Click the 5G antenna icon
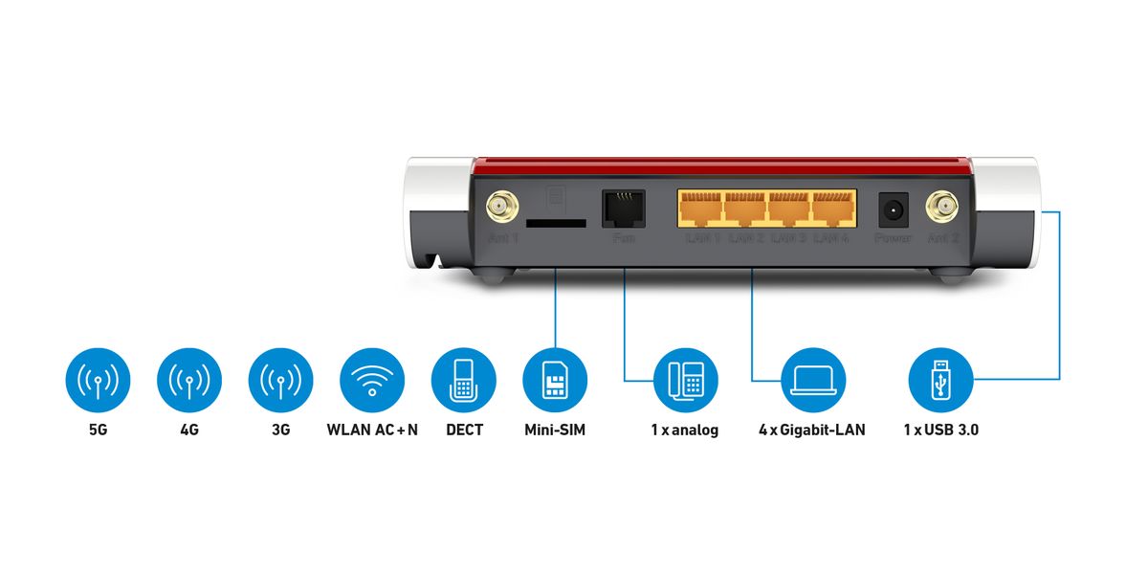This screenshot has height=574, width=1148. (98, 380)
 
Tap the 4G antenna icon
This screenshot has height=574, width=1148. (189, 380)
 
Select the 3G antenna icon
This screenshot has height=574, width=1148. (280, 380)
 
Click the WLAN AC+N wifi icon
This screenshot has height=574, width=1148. (372, 380)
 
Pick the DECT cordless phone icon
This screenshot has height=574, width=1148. (464, 380)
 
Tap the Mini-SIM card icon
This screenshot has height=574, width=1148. (555, 380)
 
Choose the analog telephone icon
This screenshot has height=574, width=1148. (686, 380)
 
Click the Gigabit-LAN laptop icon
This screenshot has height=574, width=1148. (813, 380)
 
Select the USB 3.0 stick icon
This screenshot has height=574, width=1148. (940, 380)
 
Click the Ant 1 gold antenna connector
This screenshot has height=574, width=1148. (498, 206)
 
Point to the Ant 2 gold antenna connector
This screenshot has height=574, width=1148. (942, 206)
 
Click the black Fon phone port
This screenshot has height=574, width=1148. (623, 208)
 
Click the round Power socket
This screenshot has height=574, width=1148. (894, 208)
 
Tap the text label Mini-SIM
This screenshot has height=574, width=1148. (555, 430)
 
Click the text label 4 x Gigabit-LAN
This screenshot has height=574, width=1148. (812, 430)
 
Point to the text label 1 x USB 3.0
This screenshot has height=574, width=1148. (940, 430)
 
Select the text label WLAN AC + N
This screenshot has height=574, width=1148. (372, 430)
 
